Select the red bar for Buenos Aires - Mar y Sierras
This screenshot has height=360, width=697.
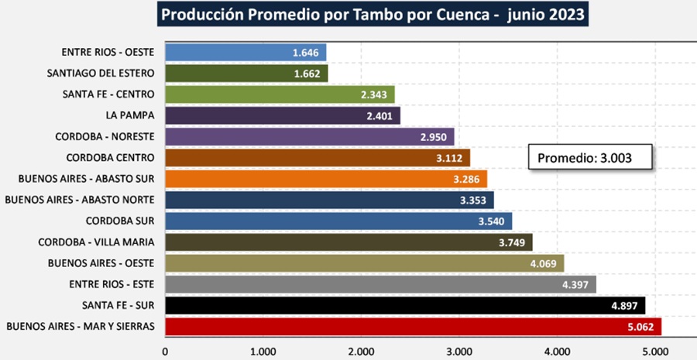410,326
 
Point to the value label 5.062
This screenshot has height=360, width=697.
641,327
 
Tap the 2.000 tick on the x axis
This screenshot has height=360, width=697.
362,350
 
